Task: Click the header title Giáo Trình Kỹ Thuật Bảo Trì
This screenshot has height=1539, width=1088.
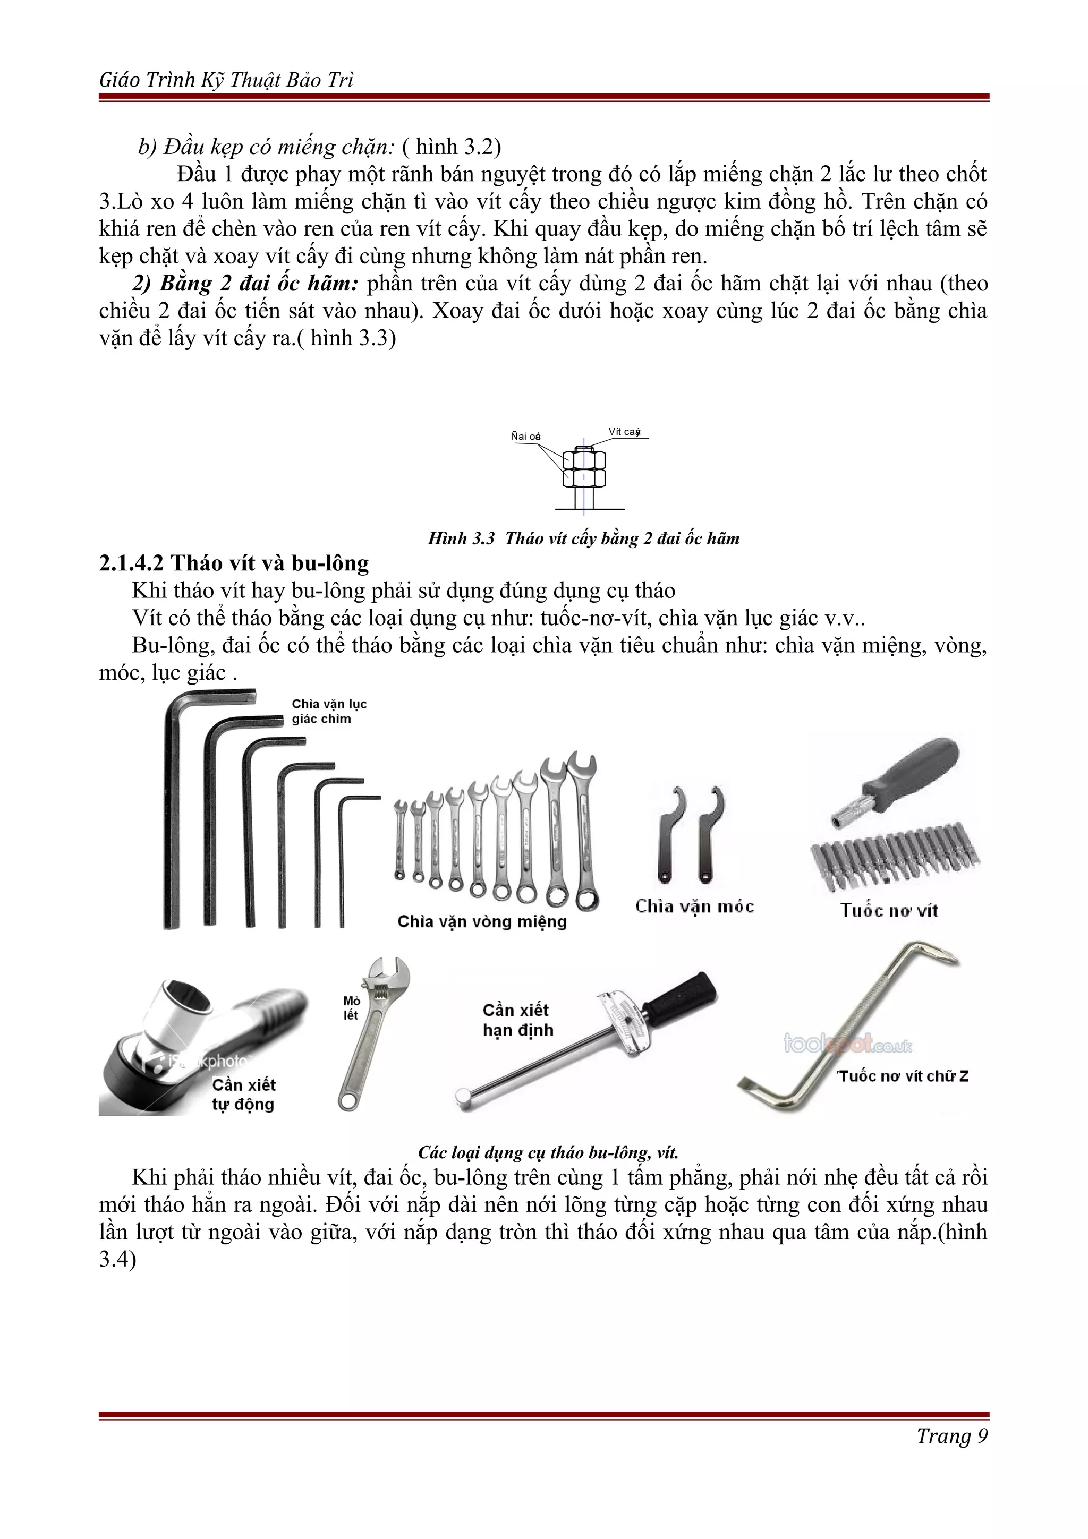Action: coord(227,80)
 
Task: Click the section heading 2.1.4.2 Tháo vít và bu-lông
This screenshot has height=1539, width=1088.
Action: coord(234,563)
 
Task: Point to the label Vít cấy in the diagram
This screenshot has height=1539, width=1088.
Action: coord(624,432)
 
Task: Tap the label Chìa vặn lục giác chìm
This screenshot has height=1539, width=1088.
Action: coord(329,711)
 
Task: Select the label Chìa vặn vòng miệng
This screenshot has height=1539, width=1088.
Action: coord(482,922)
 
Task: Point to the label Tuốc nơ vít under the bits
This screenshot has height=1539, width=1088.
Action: coord(889,910)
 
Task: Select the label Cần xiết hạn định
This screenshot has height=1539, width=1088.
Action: coord(517,1020)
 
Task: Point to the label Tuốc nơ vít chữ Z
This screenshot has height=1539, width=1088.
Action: coord(903,1076)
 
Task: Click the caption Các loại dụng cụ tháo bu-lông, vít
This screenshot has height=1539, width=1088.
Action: coord(548,1152)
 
